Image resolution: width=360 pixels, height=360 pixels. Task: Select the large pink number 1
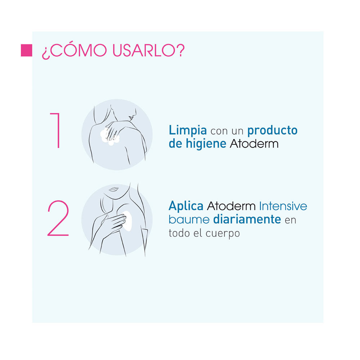[56, 130]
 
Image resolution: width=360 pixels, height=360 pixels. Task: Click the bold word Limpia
[188, 130]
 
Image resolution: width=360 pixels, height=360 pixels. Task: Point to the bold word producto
[273, 130]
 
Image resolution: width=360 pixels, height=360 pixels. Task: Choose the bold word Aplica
[186, 206]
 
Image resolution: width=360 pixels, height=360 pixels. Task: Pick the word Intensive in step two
[283, 206]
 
